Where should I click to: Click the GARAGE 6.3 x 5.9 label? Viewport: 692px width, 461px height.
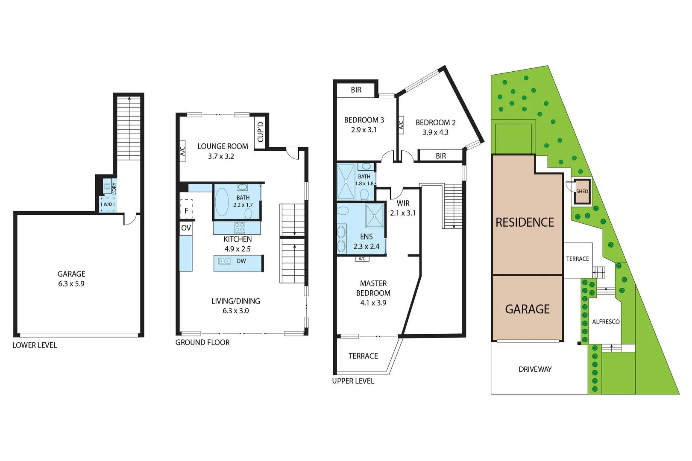click(x=71, y=279)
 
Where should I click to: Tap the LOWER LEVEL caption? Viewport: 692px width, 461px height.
click(x=34, y=345)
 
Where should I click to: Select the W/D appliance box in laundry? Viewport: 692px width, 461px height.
click(x=107, y=204)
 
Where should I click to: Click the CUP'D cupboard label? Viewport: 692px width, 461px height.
click(x=260, y=132)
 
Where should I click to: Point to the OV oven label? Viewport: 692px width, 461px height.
click(x=186, y=228)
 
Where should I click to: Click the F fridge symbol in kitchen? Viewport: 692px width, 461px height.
click(x=186, y=210)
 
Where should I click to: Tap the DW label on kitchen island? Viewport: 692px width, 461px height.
click(x=241, y=261)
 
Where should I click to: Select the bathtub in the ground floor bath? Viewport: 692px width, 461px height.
click(x=221, y=202)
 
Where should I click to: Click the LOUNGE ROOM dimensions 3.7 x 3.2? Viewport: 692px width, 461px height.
click(x=221, y=156)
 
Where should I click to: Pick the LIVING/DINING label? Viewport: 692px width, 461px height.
click(x=235, y=301)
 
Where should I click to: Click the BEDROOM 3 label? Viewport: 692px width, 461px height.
click(x=364, y=120)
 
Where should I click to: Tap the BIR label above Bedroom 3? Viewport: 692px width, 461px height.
click(x=356, y=90)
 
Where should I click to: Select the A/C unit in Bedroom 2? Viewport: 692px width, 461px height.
click(x=401, y=125)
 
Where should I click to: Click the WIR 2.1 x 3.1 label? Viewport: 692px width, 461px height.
click(x=402, y=208)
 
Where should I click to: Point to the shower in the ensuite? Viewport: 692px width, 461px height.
click(x=375, y=216)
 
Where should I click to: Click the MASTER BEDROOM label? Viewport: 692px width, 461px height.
click(x=373, y=288)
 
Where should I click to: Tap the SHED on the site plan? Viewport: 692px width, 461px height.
click(x=582, y=191)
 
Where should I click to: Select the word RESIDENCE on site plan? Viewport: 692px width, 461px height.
click(x=525, y=222)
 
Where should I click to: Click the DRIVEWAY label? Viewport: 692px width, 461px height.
click(x=535, y=369)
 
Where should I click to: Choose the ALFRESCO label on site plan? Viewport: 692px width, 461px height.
click(x=605, y=322)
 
